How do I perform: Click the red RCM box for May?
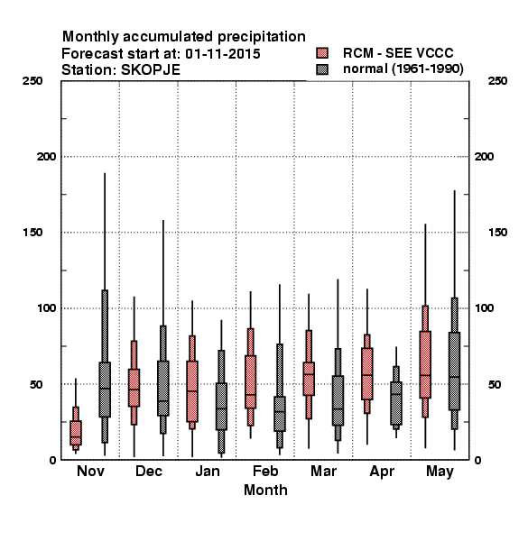[425, 364]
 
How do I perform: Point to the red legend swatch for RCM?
[322, 53]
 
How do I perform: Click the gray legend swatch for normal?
[322, 69]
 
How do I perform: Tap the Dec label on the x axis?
[149, 471]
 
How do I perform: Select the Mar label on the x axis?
[323, 471]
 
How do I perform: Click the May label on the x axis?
[440, 472]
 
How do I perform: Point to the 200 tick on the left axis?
[46, 157]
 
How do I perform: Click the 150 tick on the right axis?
[497, 233]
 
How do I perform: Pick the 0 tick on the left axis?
[52, 460]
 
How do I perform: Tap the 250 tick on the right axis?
[497, 81]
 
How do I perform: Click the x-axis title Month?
[265, 490]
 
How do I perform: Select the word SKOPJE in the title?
[151, 70]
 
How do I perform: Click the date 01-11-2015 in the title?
[223, 54]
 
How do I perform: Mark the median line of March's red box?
[309, 374]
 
